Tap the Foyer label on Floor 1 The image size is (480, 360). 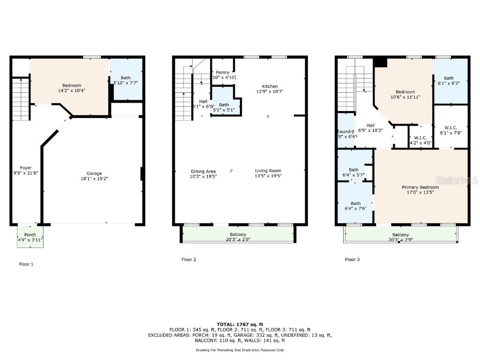click(x=26, y=168)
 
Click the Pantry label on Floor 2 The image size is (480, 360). click(x=223, y=72)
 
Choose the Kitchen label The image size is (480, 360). click(x=270, y=86)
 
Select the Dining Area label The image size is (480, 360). click(x=203, y=171)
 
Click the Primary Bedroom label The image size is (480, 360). click(x=420, y=187)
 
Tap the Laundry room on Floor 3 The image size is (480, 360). click(x=346, y=132)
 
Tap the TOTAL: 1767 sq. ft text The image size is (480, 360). click(x=240, y=324)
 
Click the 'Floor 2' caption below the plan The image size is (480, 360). click(x=188, y=259)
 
